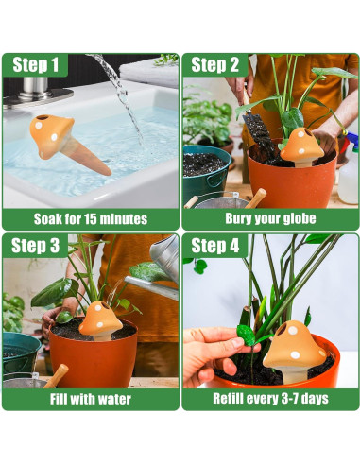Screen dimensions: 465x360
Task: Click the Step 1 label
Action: pos(36,65)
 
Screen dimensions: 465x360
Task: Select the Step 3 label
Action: pos(36,246)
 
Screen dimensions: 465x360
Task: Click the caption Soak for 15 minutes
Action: pos(91,218)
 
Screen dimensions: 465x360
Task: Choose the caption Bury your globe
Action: pos(270,218)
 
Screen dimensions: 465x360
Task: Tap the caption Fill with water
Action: pos(91,398)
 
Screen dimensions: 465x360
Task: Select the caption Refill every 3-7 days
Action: pos(270,398)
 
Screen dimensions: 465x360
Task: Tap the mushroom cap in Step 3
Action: pos(99,317)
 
